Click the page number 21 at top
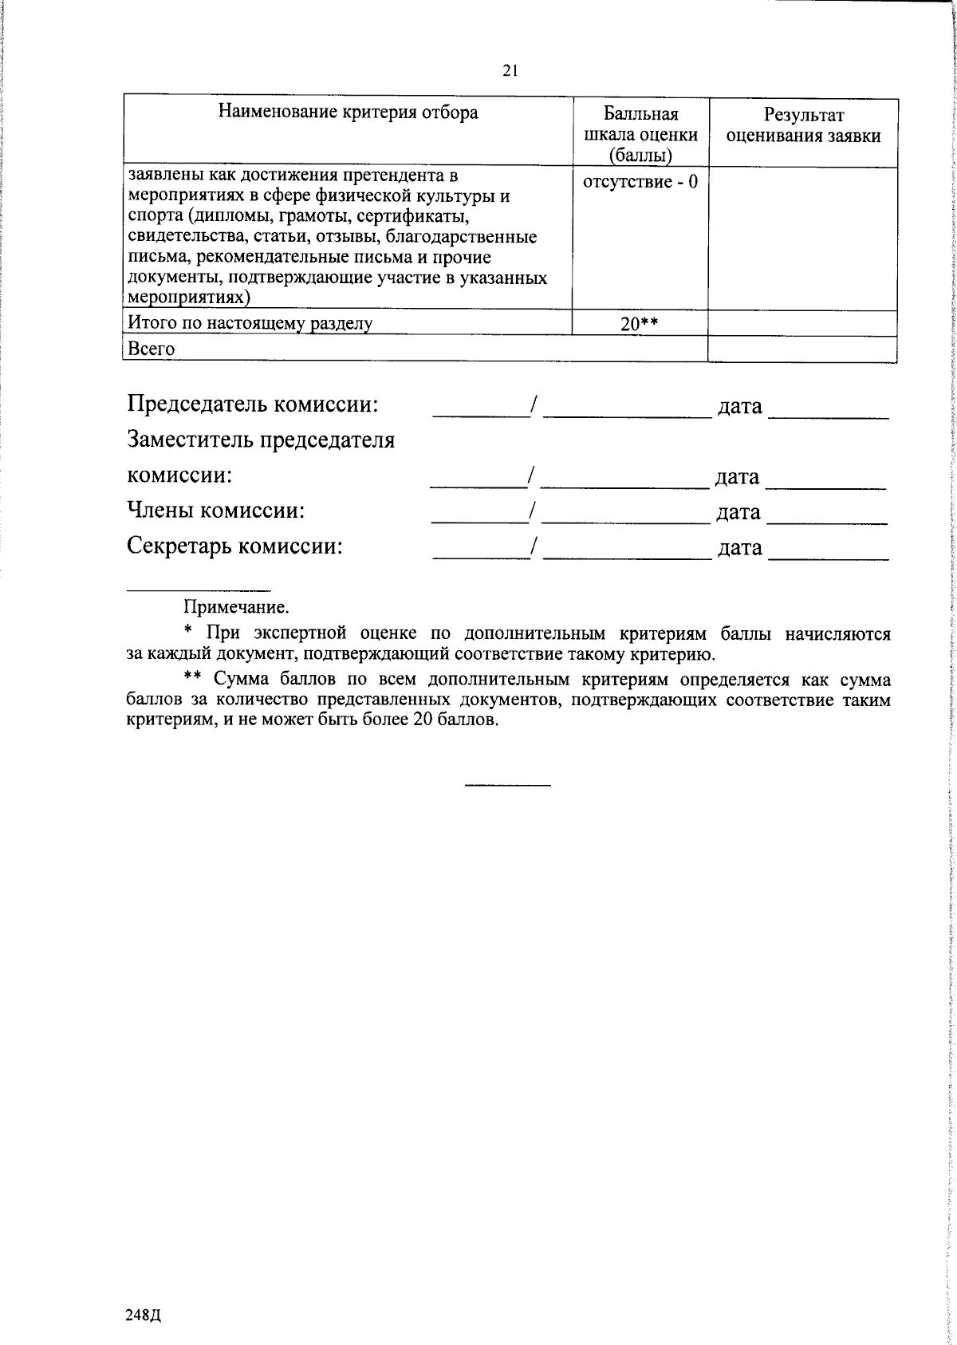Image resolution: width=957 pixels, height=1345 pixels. (x=510, y=71)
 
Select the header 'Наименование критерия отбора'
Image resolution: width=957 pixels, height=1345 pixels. (x=349, y=112)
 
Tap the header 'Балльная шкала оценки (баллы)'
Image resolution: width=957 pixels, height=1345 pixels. (x=640, y=134)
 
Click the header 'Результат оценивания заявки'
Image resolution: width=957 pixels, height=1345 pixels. (x=803, y=125)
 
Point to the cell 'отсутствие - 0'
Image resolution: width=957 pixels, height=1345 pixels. (x=640, y=182)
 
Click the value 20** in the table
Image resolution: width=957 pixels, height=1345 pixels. (x=640, y=323)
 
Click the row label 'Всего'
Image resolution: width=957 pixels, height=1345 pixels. (x=152, y=349)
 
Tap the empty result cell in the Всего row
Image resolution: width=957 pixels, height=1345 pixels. (x=802, y=349)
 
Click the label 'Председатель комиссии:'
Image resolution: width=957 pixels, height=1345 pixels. (x=253, y=404)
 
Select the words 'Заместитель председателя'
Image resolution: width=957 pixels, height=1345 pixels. (x=261, y=440)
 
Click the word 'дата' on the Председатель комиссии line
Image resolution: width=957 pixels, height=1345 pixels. (x=740, y=407)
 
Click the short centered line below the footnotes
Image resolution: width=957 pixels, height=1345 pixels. (x=508, y=787)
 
